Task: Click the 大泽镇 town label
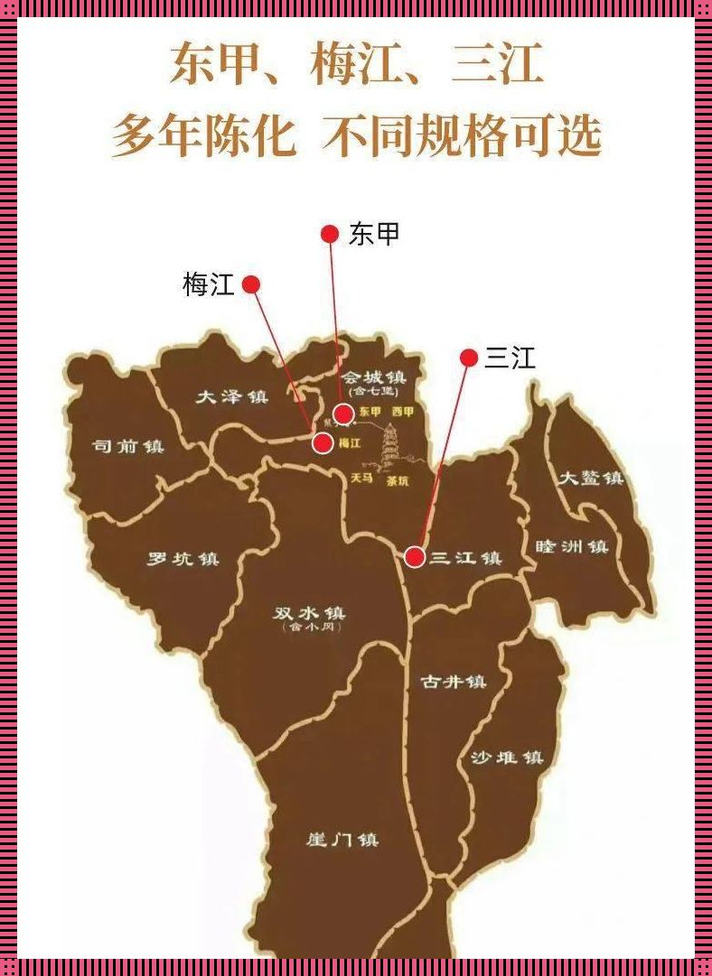pyautogui.click(x=232, y=396)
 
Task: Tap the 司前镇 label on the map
pyautogui.click(x=128, y=446)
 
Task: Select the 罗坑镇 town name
pyautogui.click(x=183, y=559)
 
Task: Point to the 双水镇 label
pyautogui.click(x=309, y=613)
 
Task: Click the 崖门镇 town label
pyautogui.click(x=342, y=840)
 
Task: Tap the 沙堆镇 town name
pyautogui.click(x=507, y=758)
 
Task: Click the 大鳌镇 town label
pyautogui.click(x=590, y=479)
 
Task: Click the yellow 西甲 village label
pyautogui.click(x=402, y=412)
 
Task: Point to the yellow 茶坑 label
pyautogui.click(x=398, y=481)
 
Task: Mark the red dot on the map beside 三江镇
pyautogui.click(x=415, y=557)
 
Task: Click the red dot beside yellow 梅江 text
pyautogui.click(x=322, y=443)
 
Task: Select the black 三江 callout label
pyautogui.click(x=511, y=358)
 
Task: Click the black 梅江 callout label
pyautogui.click(x=209, y=285)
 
